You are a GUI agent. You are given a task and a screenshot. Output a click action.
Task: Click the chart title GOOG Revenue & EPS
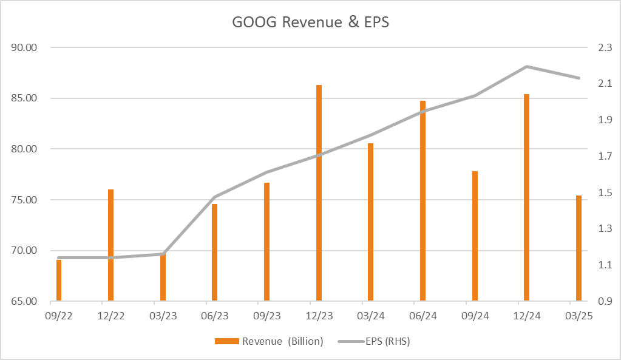(310, 22)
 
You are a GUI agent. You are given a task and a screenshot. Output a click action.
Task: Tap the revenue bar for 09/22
(59, 280)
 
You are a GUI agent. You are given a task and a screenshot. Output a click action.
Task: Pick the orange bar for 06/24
(422, 201)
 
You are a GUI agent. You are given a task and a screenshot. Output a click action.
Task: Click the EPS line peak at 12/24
(526, 66)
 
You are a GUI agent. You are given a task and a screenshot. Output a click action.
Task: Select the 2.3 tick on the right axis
(605, 47)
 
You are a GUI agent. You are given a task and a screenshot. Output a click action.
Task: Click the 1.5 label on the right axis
(605, 192)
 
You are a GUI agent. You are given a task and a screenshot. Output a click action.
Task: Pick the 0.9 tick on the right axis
(605, 301)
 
